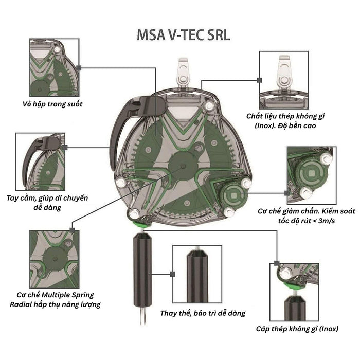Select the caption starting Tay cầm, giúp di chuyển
tap(48, 202)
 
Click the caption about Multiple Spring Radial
tap(58, 299)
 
